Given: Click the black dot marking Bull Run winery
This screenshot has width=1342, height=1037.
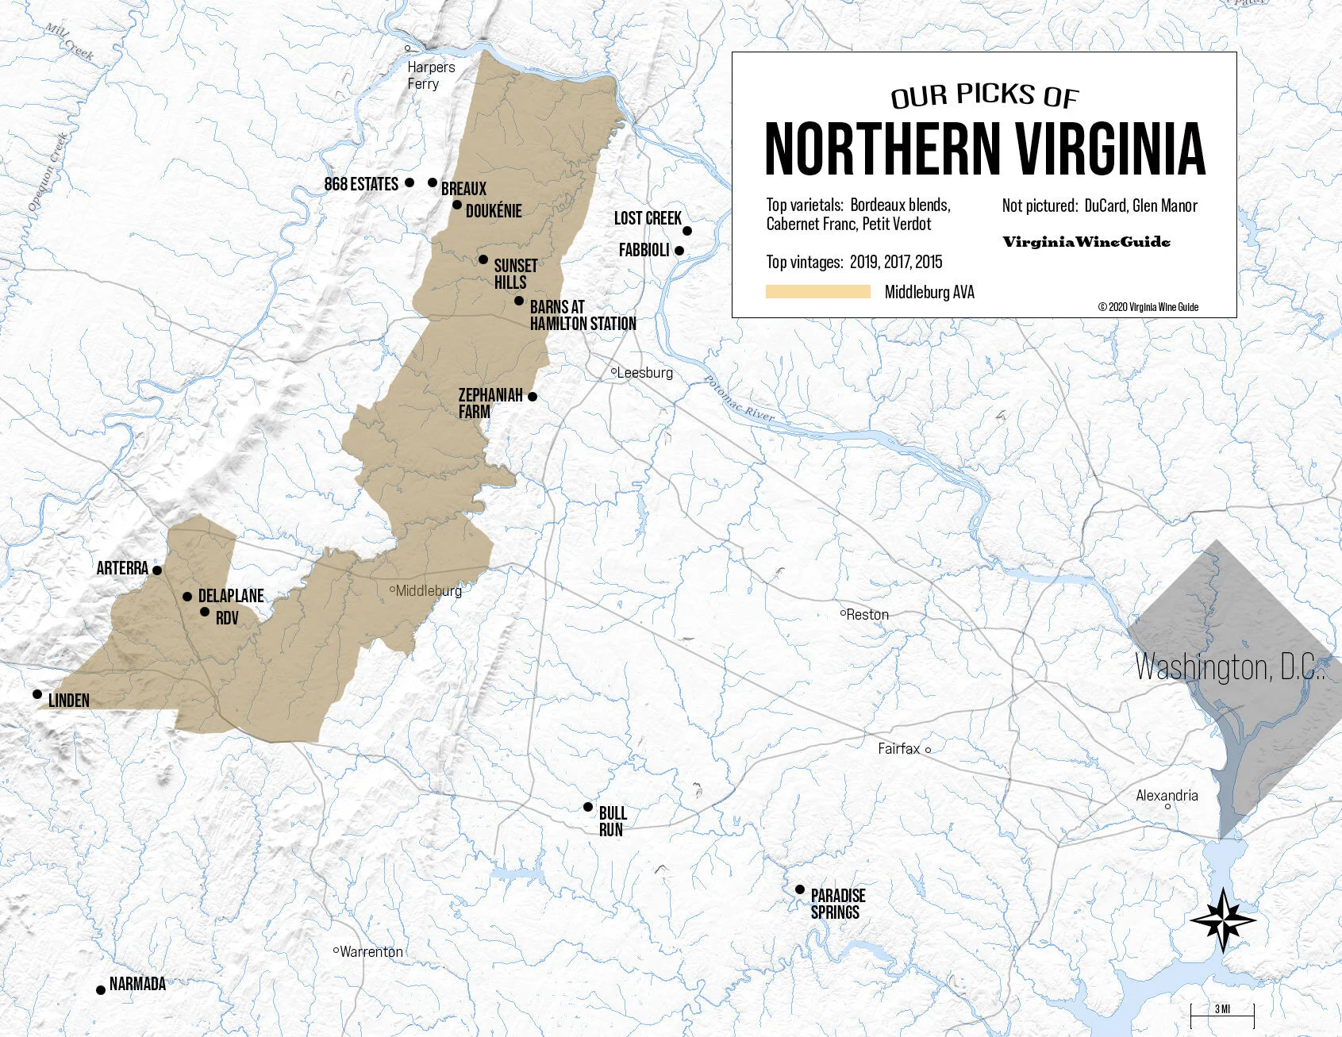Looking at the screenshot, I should (x=588, y=807).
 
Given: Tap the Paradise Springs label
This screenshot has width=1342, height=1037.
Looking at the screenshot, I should (x=837, y=904).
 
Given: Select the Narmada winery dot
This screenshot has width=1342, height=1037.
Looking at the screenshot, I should (x=101, y=990).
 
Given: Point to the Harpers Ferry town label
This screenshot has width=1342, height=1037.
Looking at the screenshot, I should (x=431, y=75).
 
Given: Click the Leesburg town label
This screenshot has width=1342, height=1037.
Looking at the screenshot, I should (x=644, y=373).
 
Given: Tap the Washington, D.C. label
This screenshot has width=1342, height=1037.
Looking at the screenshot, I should (x=1229, y=667).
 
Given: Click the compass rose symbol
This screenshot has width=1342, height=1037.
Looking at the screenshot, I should (x=1223, y=920).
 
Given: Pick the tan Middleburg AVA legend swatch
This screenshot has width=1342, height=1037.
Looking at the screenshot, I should (x=817, y=292).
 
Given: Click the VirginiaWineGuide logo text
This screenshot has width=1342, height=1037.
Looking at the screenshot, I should (x=1086, y=242).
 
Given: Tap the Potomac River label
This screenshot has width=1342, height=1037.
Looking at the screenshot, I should (x=740, y=399).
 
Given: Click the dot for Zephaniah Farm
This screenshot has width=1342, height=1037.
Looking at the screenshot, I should (x=533, y=397).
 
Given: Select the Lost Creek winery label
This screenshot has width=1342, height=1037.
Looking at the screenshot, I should (x=648, y=218).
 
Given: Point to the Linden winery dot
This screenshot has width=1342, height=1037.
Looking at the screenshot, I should (x=37, y=694).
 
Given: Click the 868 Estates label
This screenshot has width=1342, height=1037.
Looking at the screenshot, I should (x=361, y=184).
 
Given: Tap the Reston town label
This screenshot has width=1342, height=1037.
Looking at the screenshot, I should (x=867, y=615).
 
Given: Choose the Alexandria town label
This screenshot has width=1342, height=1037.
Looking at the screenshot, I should (x=1167, y=795).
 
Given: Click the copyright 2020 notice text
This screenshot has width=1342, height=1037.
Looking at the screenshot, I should (x=1148, y=307).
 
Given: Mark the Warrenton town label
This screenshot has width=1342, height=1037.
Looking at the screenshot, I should (x=371, y=951).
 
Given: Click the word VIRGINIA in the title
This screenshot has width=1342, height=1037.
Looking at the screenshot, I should (x=1110, y=149).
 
